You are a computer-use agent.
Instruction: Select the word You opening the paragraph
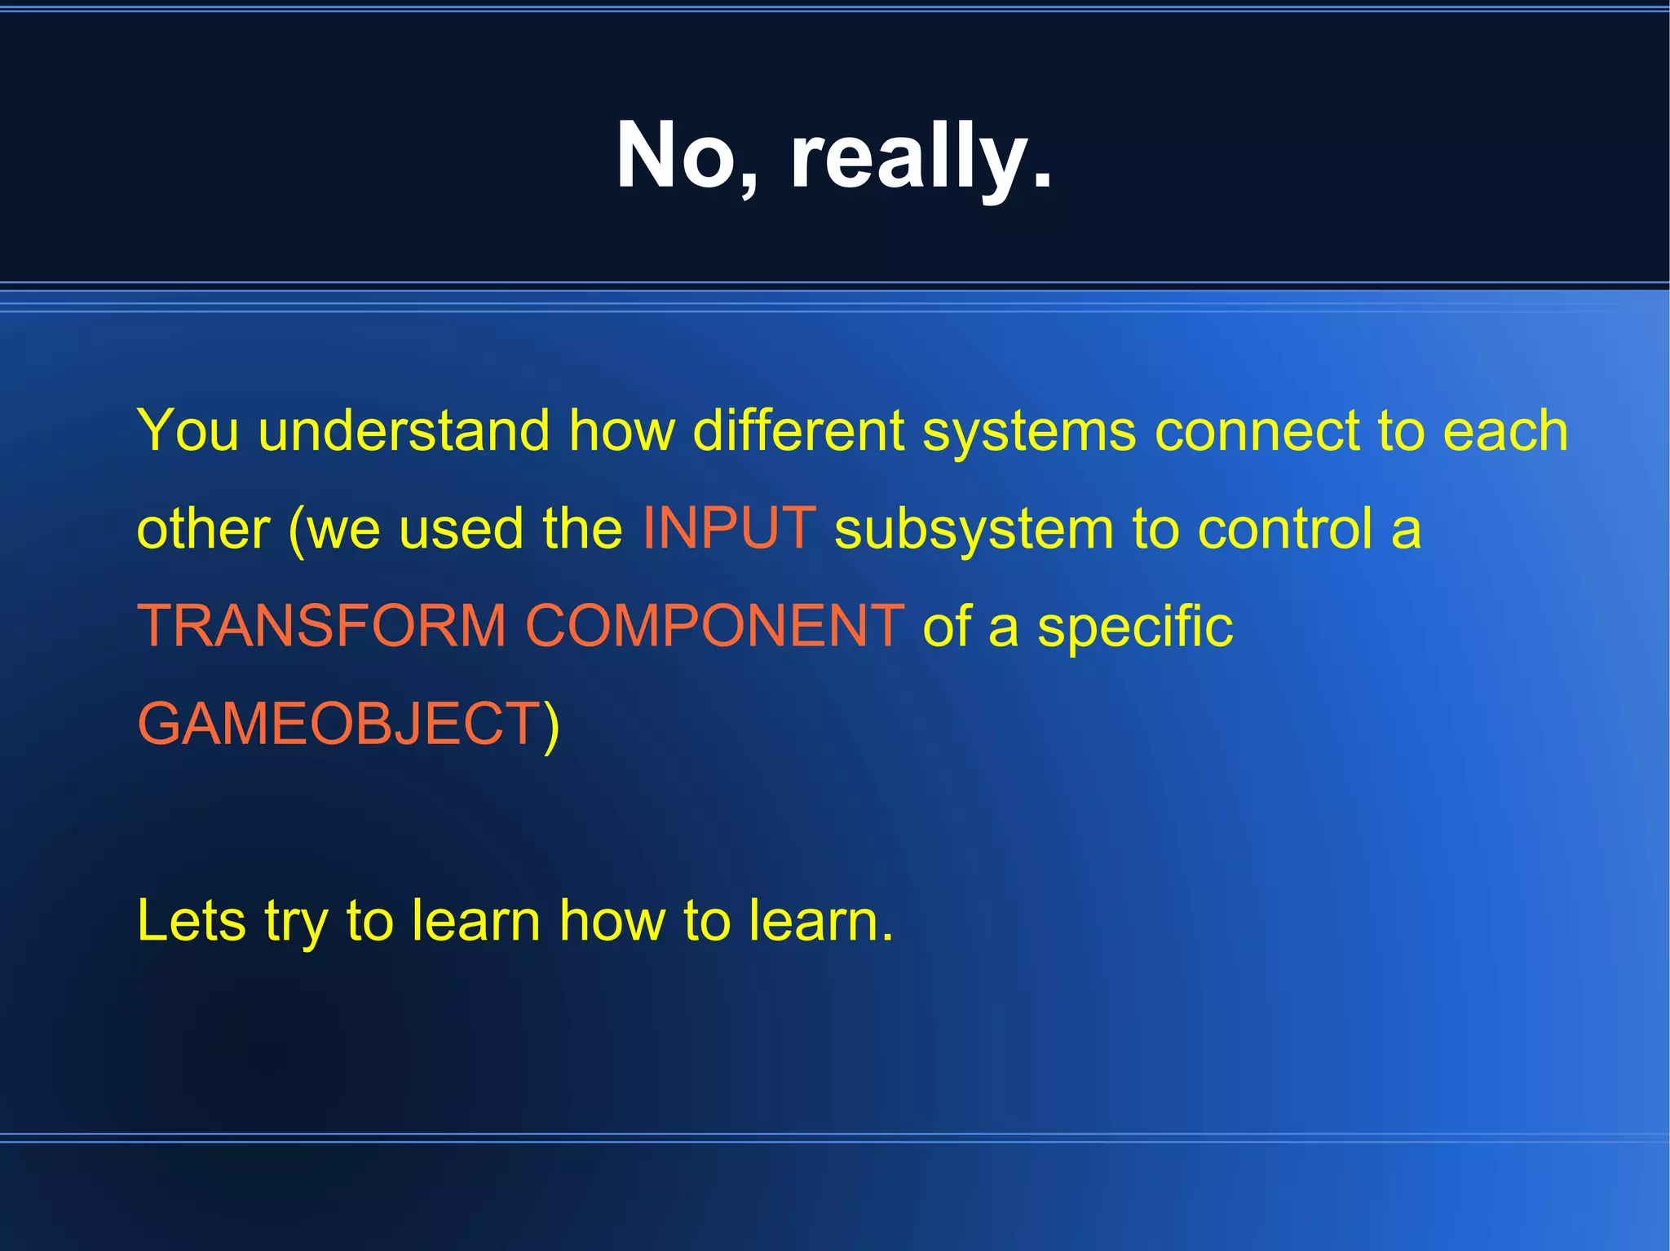188,430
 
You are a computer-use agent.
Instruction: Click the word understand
404,430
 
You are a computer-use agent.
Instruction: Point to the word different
798,430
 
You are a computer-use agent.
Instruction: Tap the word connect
1257,430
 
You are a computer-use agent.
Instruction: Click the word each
1505,430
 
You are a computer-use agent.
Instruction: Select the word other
203,529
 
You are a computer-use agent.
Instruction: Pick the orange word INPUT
729,528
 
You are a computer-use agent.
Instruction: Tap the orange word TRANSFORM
321,626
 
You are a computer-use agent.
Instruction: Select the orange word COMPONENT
714,626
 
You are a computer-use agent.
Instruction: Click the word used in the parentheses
461,529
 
